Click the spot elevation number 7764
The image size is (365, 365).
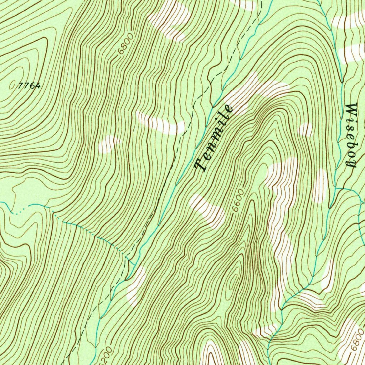(x=29, y=86)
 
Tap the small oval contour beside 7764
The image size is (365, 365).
(x=12, y=85)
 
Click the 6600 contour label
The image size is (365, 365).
(x=239, y=201)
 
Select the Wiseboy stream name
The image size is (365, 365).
(x=351, y=135)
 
